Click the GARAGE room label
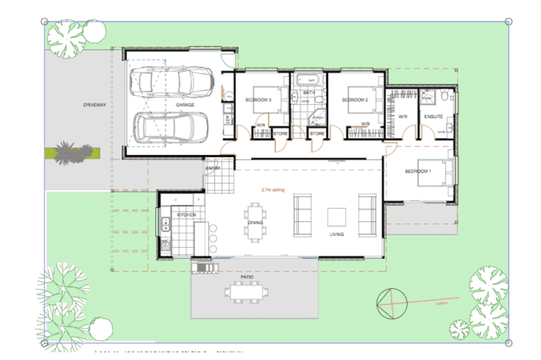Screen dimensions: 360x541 pos(185,105)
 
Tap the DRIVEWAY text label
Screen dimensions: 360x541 pos(95,105)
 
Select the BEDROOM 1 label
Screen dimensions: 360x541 pos(418,171)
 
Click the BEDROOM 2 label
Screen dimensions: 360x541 pos(355,100)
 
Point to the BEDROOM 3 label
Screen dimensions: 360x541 pos(258,100)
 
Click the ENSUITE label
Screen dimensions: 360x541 pos(434,116)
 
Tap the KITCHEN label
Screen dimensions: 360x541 pos(186,215)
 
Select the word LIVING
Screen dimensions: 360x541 pos(337,234)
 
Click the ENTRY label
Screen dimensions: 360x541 pos(213,168)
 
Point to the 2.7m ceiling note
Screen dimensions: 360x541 pos(273,190)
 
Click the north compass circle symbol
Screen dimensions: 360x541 pos(392,304)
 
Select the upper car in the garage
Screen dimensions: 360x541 pos(172,82)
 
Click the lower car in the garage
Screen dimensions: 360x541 pos(171,127)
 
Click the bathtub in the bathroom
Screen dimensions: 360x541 pos(308,80)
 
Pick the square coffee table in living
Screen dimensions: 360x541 pos(336,217)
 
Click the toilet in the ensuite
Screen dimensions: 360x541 pos(445,96)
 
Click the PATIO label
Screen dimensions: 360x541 pos(247,277)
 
